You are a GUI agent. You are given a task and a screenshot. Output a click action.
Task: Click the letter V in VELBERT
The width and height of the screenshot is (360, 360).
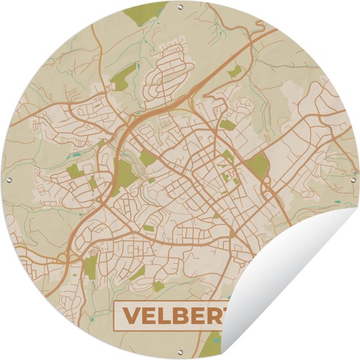(131, 317)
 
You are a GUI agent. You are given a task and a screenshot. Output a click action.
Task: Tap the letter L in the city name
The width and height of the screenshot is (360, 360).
(164, 317)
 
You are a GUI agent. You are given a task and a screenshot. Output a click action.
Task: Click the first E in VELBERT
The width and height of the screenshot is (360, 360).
(148, 317)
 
